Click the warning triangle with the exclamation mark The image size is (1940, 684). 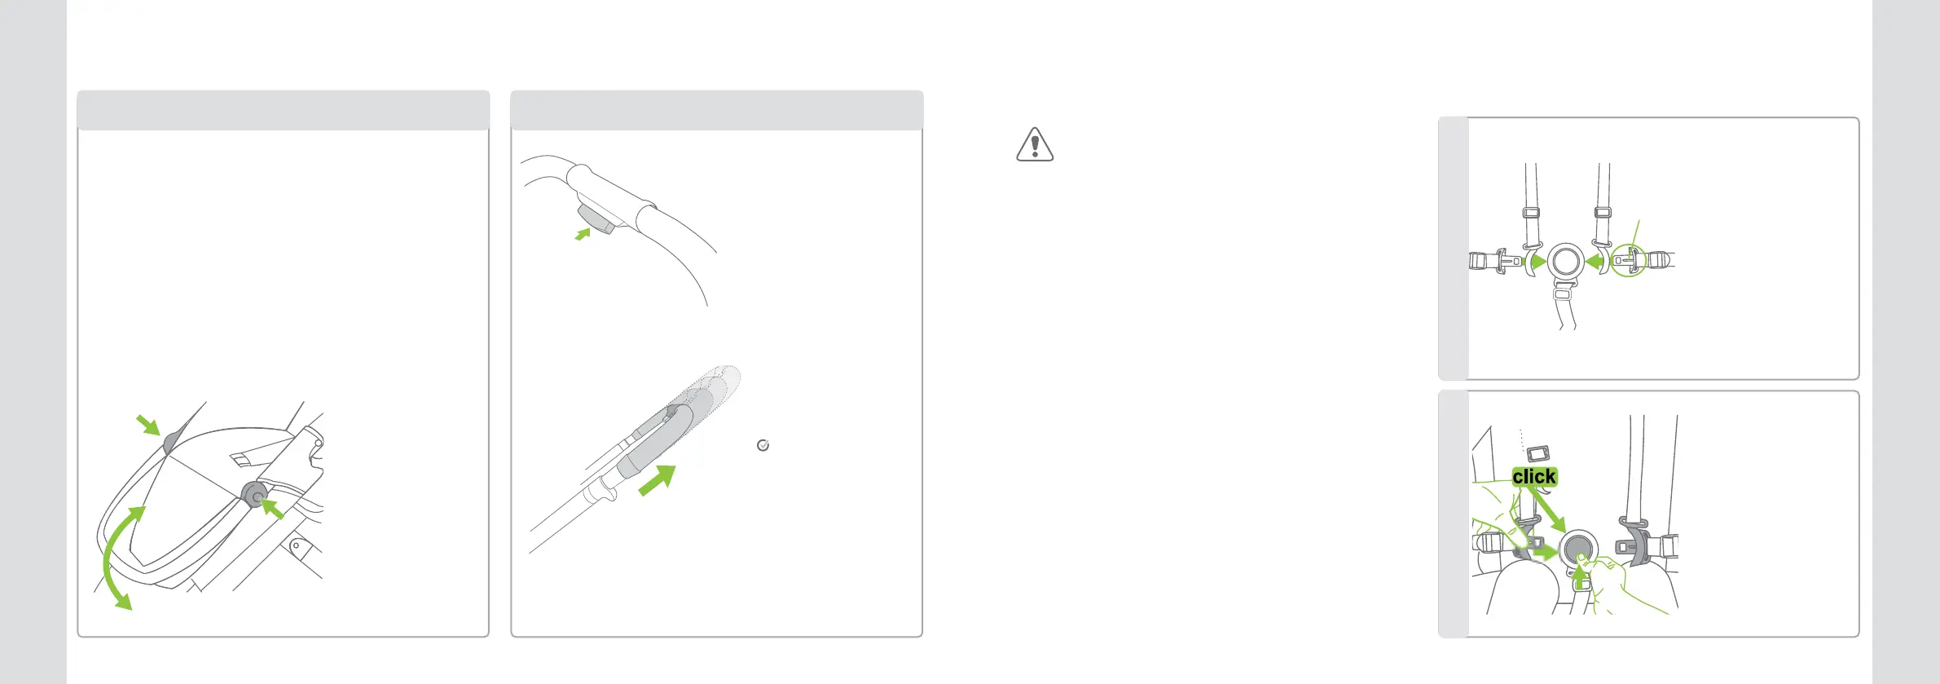click(x=1035, y=145)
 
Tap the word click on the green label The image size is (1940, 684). click(x=1534, y=477)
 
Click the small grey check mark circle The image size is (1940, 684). click(x=763, y=445)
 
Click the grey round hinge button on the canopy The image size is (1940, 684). click(x=255, y=495)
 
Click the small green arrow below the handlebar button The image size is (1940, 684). click(x=583, y=235)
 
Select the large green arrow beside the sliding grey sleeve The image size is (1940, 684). click(x=658, y=479)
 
